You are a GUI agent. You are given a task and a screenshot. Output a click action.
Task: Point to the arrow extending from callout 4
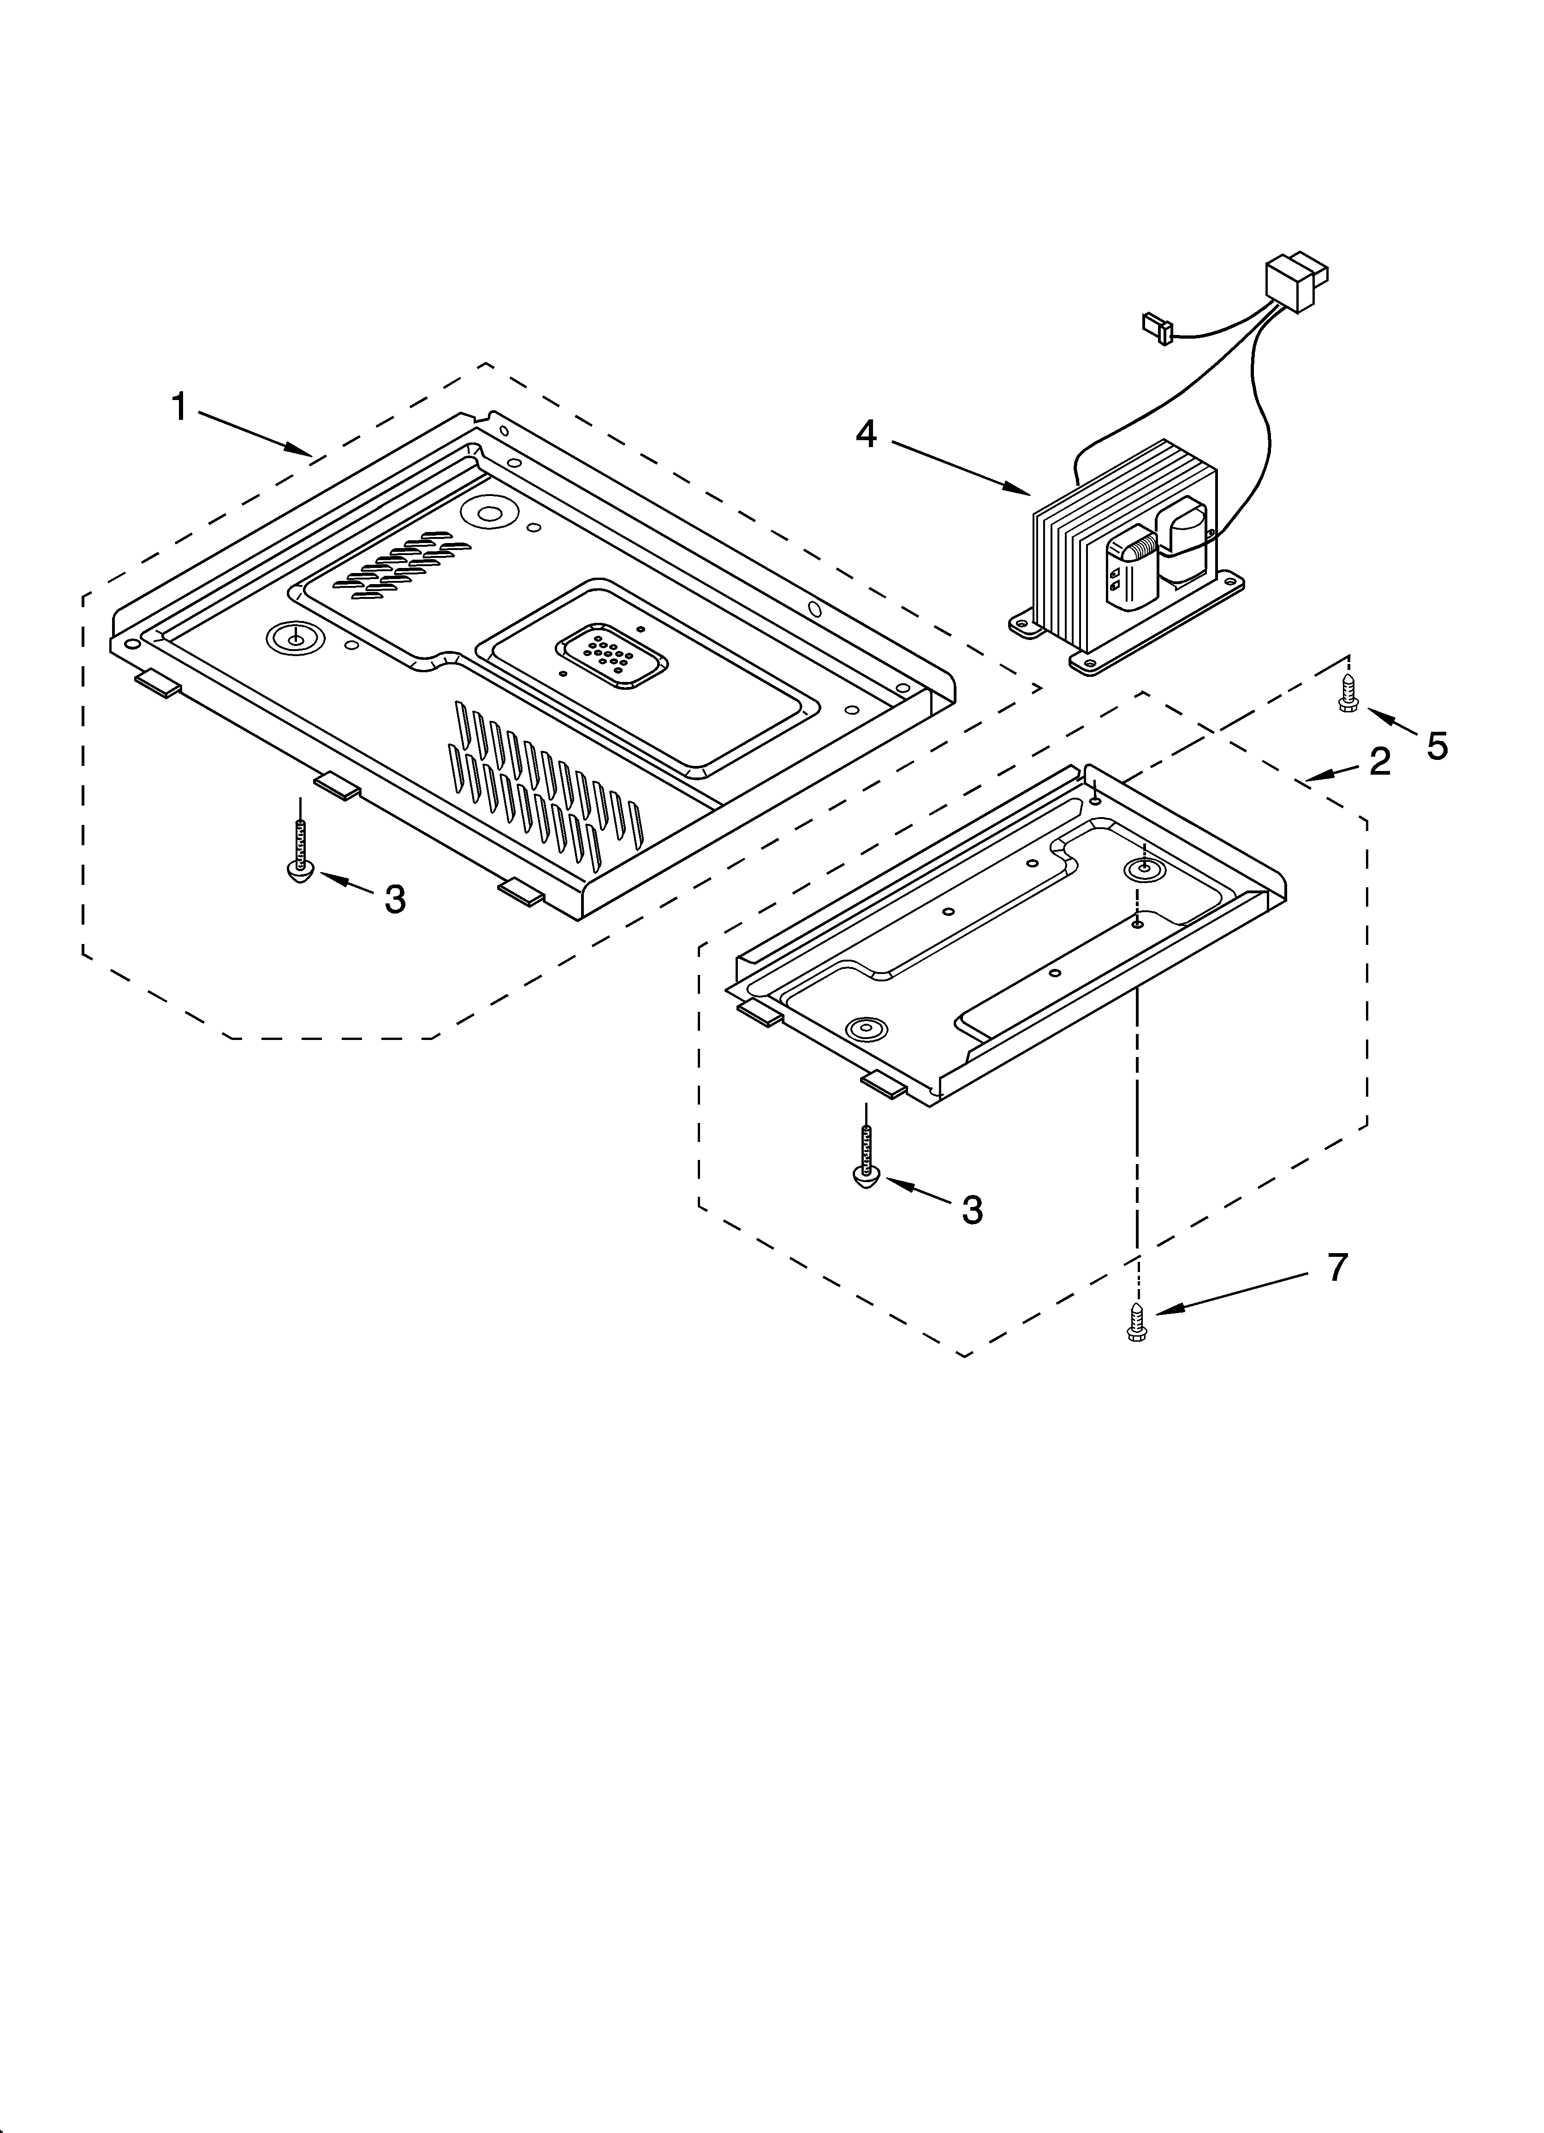coord(959,466)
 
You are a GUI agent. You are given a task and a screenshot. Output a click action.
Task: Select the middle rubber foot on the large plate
coord(336,785)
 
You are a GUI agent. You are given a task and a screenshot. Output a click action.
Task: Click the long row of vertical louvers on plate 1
coord(546,781)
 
